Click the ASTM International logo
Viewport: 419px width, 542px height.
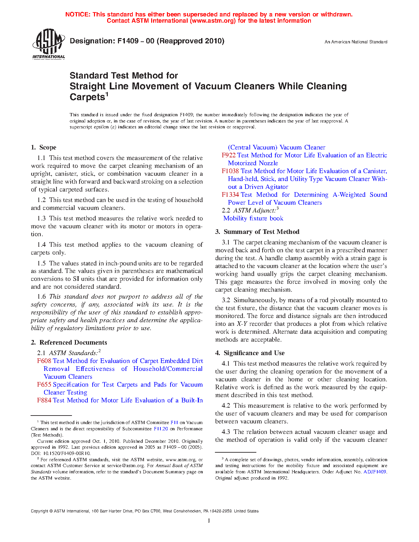(49, 44)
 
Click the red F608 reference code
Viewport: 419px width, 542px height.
(44, 361)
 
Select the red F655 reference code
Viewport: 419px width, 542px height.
(44, 385)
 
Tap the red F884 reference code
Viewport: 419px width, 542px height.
(44, 400)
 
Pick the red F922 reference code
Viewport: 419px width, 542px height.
(228, 155)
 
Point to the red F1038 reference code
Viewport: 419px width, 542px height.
(230, 171)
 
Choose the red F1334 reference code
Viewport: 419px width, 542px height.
(230, 195)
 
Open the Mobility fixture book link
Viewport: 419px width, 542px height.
(253, 218)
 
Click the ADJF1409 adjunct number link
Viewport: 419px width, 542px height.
(375, 472)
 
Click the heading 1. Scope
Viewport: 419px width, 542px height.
(44, 147)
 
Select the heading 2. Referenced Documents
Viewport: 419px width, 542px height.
(69, 343)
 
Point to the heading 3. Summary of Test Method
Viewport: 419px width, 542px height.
(257, 232)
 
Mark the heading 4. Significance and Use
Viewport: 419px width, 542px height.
(250, 353)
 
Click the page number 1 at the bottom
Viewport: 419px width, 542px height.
(209, 521)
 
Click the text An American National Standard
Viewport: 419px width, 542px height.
(356, 42)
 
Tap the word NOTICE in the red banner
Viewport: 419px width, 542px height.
(78, 14)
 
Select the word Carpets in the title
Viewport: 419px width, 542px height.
(87, 97)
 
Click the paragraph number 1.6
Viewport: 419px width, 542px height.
(41, 297)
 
